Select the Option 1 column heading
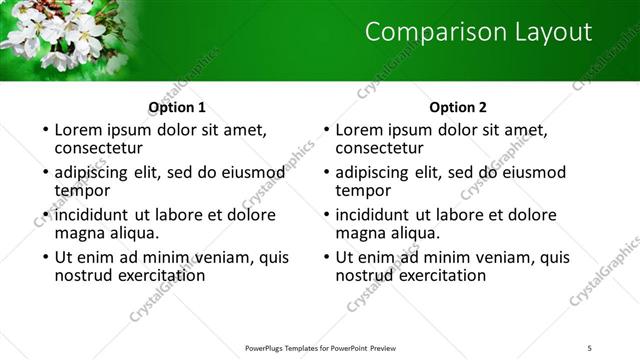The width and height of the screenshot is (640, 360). pos(177,107)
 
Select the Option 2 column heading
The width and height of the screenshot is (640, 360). pos(458,107)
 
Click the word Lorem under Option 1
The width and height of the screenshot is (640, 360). pos(80,129)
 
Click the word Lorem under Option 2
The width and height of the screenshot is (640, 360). pos(361,129)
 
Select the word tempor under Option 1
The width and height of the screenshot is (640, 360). pos(82,189)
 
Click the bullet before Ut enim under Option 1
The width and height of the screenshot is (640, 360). pos(45,257)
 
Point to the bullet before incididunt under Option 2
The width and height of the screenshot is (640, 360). pos(326,215)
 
